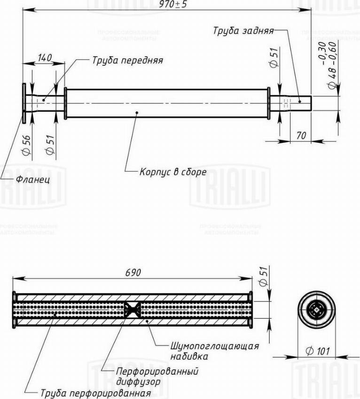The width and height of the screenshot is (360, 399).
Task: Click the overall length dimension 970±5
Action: [x=173, y=5]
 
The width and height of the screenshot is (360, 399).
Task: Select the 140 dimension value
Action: [x=45, y=57]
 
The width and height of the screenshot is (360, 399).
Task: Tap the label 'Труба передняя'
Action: [x=127, y=61]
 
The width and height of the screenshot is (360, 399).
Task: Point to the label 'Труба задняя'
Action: [x=243, y=31]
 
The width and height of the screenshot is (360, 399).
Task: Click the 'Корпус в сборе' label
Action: [x=173, y=172]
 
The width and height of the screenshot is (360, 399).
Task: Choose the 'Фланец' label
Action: [x=33, y=180]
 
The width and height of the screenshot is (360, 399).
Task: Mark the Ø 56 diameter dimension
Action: [x=26, y=145]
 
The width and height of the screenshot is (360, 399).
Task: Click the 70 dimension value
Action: [x=301, y=136]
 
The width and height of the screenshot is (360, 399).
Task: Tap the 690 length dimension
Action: [x=133, y=273]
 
